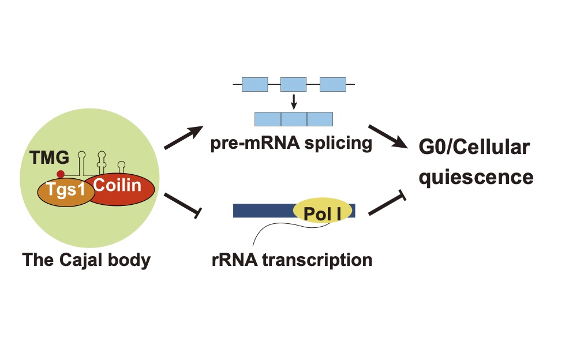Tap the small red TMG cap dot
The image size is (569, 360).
pyautogui.click(x=61, y=174)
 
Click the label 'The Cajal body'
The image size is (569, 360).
pyautogui.click(x=86, y=260)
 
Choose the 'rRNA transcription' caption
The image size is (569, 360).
pyautogui.click(x=292, y=260)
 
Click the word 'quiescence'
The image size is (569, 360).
pyautogui.click(x=476, y=177)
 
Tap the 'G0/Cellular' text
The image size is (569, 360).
pyautogui.click(x=474, y=147)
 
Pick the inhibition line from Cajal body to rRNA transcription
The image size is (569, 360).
pyautogui.click(x=182, y=206)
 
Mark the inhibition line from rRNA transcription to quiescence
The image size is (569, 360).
pyautogui.click(x=387, y=204)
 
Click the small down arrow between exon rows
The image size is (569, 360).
pyautogui.click(x=294, y=102)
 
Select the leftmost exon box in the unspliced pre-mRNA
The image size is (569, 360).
pyautogui.click(x=254, y=84)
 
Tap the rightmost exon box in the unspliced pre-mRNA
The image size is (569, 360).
pyautogui.click(x=333, y=84)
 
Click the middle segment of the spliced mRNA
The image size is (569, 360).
pyautogui.click(x=294, y=119)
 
